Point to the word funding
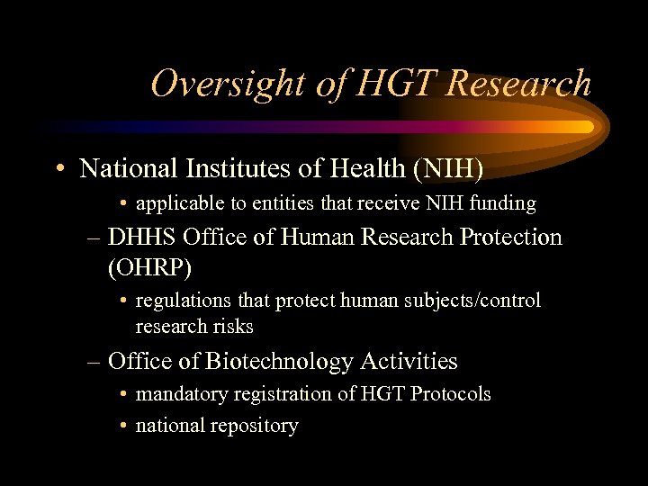tap(501, 204)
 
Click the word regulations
tap(183, 301)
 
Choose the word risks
tap(232, 326)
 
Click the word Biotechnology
tap(279, 362)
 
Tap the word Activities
tap(409, 362)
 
